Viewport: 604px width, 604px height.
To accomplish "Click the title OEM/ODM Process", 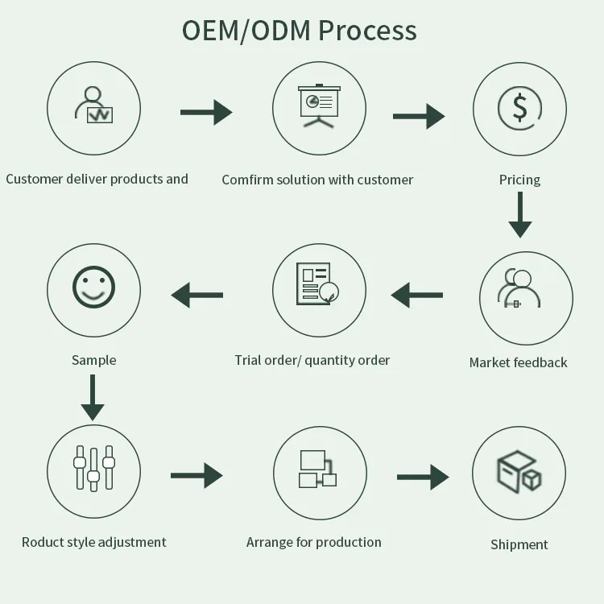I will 300,31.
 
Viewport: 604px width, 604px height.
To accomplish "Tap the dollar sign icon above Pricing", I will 519,107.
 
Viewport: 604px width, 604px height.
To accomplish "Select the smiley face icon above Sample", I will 93,288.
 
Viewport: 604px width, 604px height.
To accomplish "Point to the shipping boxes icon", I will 519,473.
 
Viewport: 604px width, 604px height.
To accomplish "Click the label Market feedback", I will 518,362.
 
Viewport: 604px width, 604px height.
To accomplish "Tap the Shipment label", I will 519,544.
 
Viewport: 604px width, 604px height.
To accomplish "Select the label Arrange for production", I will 313,542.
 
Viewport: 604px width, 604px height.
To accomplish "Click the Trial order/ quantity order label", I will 312,360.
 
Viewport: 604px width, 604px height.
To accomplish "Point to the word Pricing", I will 519,180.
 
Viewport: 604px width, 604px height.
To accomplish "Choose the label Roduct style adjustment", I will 93,542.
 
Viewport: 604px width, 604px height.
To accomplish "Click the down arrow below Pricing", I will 520,216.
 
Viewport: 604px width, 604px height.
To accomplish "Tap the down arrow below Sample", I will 93,398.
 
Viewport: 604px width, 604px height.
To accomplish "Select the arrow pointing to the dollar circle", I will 418,116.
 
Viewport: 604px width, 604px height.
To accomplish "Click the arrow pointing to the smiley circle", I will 197,295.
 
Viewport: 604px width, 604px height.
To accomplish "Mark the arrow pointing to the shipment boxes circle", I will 423,477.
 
